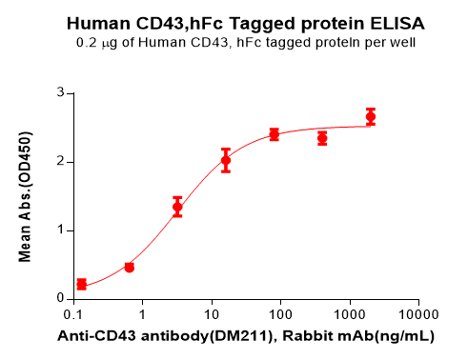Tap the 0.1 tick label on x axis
pos(72,314)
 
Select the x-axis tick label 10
pos(211,314)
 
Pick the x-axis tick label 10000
pos(417,314)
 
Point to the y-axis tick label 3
pos(59,93)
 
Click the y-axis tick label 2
pos(59,162)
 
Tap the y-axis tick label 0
pos(59,298)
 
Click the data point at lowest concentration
pos(81,284)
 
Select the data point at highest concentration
pos(371,117)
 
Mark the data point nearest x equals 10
pos(226,160)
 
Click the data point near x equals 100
pos(274,134)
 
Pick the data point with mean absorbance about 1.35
pos(177,207)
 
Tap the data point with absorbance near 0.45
pos(130,268)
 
